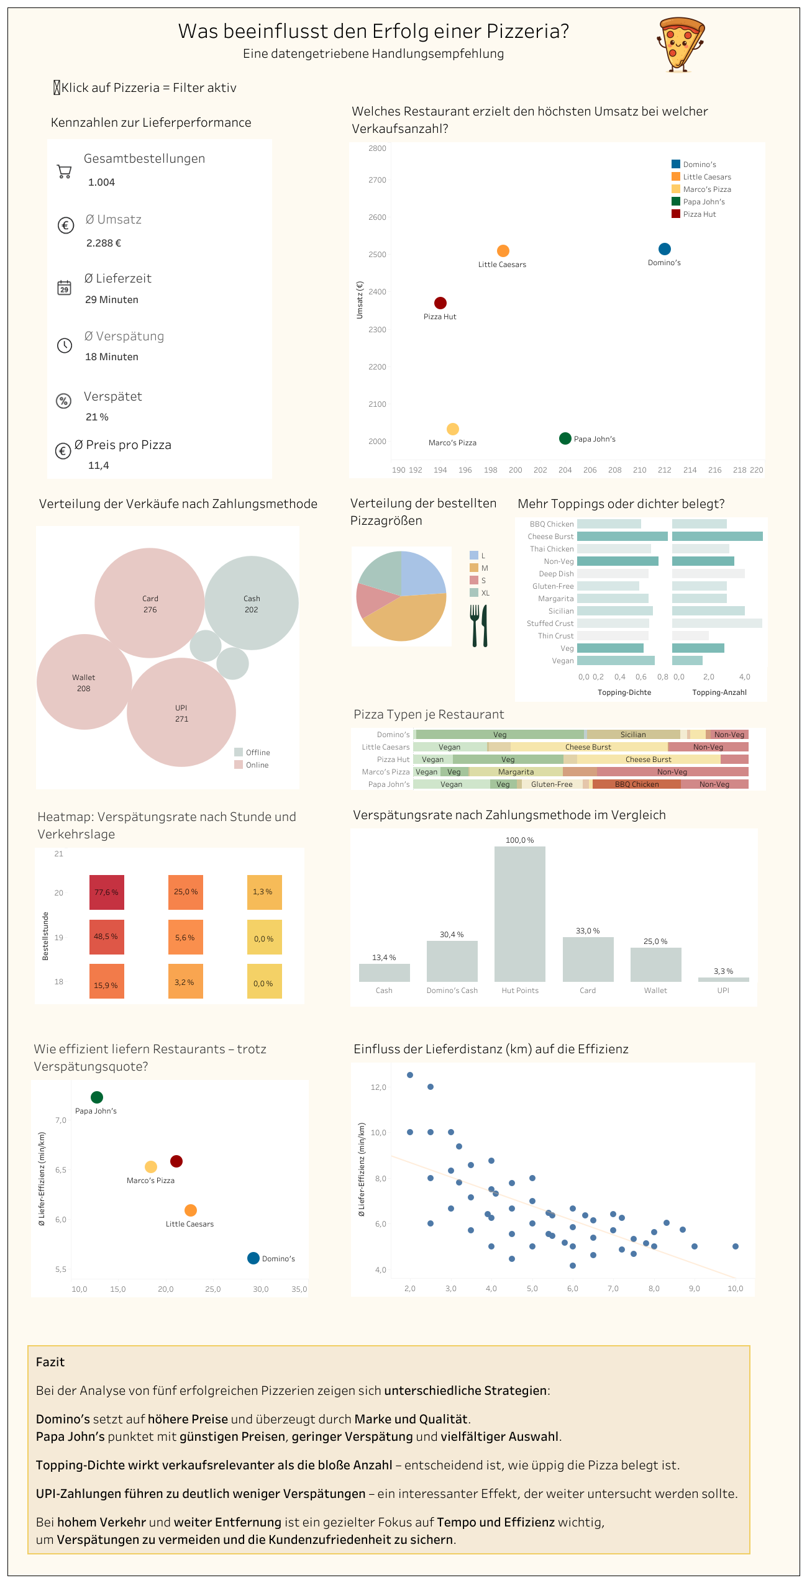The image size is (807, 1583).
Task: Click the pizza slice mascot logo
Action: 681,45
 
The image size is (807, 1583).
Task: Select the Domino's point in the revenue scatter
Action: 664,249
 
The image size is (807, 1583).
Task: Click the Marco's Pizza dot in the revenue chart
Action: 453,429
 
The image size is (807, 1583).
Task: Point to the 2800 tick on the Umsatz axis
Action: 377,148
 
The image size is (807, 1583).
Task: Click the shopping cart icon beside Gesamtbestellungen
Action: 64,171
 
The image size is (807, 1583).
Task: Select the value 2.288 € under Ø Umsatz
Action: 104,243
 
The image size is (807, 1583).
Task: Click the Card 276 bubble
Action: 150,603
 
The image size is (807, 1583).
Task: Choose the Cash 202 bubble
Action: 252,603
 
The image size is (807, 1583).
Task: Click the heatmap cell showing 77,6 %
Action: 106,892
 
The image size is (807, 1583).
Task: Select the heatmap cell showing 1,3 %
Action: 264,892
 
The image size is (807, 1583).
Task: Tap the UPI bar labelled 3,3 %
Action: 723,979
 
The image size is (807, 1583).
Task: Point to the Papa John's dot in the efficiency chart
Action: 97,1097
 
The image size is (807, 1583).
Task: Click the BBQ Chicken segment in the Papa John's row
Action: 636,784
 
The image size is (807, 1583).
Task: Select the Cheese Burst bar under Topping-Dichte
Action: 622,537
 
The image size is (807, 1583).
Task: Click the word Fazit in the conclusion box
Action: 50,1362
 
